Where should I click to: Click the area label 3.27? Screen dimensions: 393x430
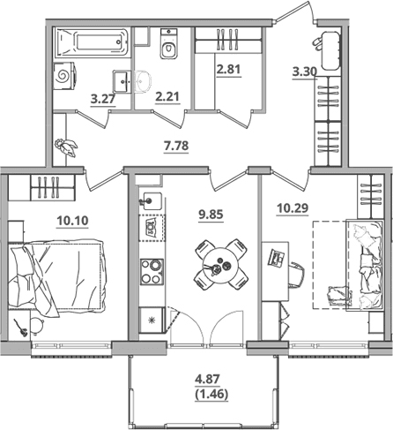tap(102, 99)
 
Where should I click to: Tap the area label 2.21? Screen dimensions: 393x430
tap(167, 96)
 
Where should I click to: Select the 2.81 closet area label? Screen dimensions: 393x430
tap(228, 69)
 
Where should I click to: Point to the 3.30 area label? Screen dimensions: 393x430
tap(305, 72)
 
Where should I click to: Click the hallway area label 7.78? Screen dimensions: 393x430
tap(176, 146)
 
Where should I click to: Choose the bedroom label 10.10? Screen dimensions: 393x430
tap(72, 220)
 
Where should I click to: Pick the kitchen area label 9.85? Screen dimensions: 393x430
tap(211, 215)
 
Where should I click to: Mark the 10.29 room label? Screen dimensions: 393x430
tap(293, 208)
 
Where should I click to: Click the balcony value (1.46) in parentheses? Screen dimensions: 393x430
tap(211, 394)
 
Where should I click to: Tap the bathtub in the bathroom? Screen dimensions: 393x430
tap(92, 41)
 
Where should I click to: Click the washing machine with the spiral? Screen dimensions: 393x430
tap(65, 77)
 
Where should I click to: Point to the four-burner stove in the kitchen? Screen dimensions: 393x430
tap(152, 271)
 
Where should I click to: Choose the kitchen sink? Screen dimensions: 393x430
tap(151, 201)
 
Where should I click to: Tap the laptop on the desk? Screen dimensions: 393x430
tap(277, 258)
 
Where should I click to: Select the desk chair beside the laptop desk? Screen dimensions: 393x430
tap(297, 274)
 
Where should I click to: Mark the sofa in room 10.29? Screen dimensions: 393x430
tap(365, 265)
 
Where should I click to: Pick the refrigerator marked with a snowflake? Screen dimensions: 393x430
tap(152, 320)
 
